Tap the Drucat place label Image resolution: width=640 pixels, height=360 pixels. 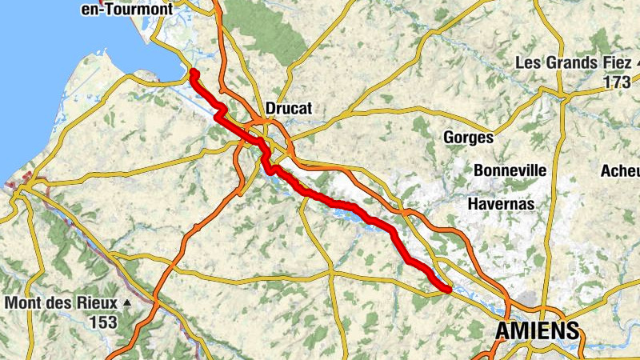click(x=288, y=108)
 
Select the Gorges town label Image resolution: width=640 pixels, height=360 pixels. click(x=468, y=138)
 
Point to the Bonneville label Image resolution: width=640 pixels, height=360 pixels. click(x=510, y=170)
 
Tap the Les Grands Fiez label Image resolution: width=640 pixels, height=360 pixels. click(x=568, y=62)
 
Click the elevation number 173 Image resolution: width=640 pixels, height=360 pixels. click(x=618, y=82)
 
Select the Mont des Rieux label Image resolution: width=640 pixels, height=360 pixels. click(x=62, y=303)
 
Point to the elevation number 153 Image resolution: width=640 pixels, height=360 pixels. click(x=103, y=322)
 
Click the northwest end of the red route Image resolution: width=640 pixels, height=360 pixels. click(x=194, y=73)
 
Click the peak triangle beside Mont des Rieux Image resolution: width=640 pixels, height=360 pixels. click(x=127, y=303)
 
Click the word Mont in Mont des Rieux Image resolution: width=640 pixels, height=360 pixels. click(x=24, y=303)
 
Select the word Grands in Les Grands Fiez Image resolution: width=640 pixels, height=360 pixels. click(x=570, y=62)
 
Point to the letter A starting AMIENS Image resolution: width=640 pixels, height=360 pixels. click(x=504, y=331)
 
